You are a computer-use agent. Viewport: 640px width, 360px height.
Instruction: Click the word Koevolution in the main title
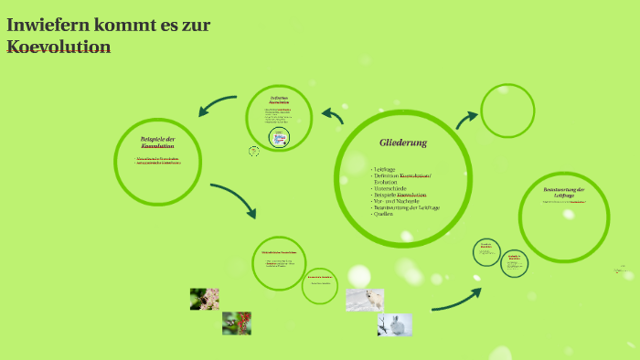(x=59, y=47)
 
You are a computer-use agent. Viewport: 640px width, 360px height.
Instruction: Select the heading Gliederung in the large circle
(x=403, y=143)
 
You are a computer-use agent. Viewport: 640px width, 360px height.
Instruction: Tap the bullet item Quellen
(x=384, y=214)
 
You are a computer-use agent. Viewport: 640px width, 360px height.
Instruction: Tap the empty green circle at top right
(x=507, y=111)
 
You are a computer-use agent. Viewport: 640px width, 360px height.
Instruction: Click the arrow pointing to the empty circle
(x=467, y=119)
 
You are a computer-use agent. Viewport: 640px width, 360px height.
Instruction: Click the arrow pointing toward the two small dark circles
(x=455, y=300)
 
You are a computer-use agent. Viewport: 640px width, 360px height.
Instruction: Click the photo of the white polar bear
(x=365, y=300)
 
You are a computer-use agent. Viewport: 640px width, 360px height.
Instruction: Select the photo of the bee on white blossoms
(x=204, y=299)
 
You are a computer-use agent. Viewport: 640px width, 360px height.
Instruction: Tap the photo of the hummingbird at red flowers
(x=236, y=323)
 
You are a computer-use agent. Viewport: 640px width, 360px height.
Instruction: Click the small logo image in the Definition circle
(x=279, y=138)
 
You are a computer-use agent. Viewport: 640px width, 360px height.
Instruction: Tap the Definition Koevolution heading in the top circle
(x=280, y=100)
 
